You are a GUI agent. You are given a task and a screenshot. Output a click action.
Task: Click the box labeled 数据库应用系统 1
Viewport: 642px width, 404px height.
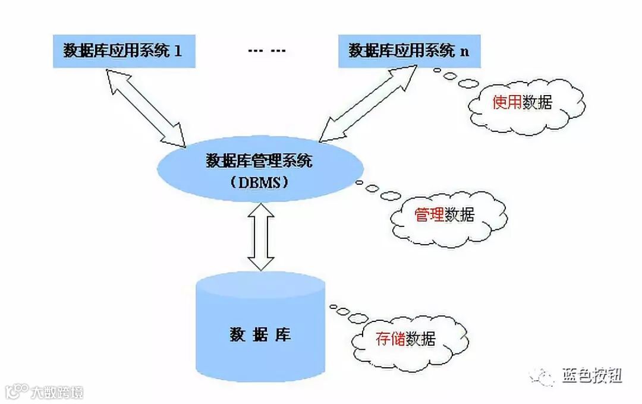pos(122,50)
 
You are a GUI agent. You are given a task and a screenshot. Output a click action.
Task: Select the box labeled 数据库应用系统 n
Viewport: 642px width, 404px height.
pos(408,50)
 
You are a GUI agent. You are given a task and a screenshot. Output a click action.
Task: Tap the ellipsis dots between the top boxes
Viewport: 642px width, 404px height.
pos(267,50)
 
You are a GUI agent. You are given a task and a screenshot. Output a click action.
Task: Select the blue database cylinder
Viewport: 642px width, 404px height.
pos(261,327)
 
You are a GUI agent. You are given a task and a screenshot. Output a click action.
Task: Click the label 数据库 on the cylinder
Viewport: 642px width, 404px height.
pos(260,334)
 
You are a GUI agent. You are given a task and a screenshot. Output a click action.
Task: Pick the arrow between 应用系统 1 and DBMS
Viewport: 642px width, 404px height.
pos(145,107)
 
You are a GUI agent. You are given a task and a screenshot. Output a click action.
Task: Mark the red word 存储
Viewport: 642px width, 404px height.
pos(390,339)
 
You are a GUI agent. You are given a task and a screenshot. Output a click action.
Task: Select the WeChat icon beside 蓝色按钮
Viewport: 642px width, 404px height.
pos(542,375)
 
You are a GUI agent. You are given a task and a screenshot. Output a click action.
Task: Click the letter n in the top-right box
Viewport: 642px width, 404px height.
pos(464,51)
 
